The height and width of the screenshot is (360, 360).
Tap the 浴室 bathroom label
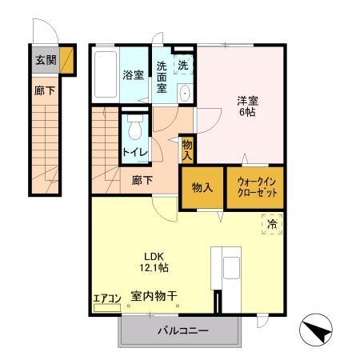click(133, 75)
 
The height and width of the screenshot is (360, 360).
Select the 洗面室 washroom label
click(162, 77)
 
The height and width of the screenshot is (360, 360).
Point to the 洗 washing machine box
click(183, 64)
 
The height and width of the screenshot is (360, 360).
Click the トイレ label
click(134, 149)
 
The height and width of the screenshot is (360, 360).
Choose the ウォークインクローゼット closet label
click(256, 188)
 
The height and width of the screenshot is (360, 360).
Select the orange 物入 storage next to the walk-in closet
click(202, 188)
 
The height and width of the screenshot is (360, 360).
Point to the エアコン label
click(106, 298)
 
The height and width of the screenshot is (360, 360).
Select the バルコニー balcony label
click(182, 330)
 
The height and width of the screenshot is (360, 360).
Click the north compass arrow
click(314, 330)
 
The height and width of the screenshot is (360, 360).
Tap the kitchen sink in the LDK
click(231, 267)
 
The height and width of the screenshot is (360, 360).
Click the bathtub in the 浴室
click(105, 75)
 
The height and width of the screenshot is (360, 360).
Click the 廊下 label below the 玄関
click(44, 92)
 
